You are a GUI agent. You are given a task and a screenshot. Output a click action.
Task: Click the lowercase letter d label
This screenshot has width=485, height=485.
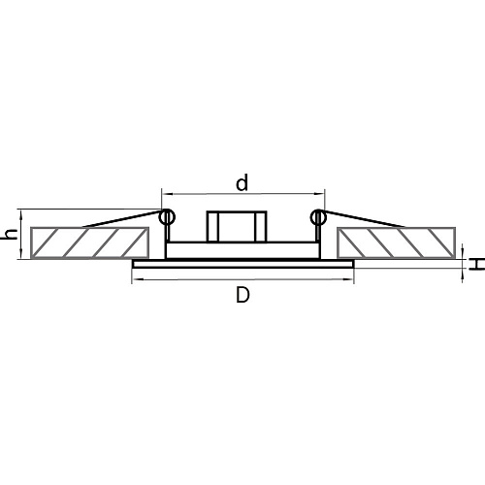click(242, 182)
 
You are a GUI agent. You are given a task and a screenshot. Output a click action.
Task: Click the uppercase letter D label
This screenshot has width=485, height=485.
click(242, 295)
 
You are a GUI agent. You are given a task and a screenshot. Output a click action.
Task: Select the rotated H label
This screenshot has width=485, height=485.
click(477, 264)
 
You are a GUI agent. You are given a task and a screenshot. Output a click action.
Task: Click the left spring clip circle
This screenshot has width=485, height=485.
click(167, 217)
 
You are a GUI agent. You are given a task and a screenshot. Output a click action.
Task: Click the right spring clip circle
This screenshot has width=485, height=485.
click(318, 217)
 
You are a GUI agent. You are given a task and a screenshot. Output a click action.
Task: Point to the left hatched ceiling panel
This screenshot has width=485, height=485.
click(89, 242)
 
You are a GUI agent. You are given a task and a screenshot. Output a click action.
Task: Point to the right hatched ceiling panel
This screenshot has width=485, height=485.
click(397, 242)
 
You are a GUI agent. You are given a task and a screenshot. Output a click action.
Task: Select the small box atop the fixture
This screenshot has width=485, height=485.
click(237, 226)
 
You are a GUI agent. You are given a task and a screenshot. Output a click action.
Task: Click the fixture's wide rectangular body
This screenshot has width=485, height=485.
click(242, 250)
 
